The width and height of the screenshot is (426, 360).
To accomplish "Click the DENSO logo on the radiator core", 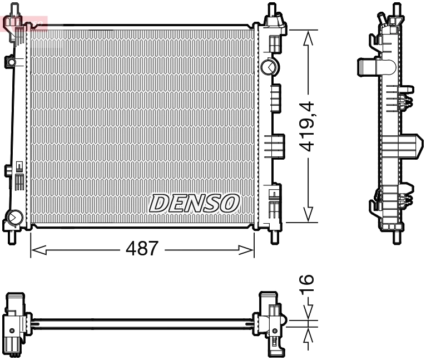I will (x=194, y=203).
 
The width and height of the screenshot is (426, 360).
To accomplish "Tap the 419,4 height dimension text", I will (x=308, y=126).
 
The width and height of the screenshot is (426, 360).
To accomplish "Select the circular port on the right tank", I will (x=268, y=67).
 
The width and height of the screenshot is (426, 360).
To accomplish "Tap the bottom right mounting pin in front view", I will (x=274, y=236).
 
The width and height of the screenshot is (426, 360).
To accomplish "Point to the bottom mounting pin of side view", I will (x=396, y=236).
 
